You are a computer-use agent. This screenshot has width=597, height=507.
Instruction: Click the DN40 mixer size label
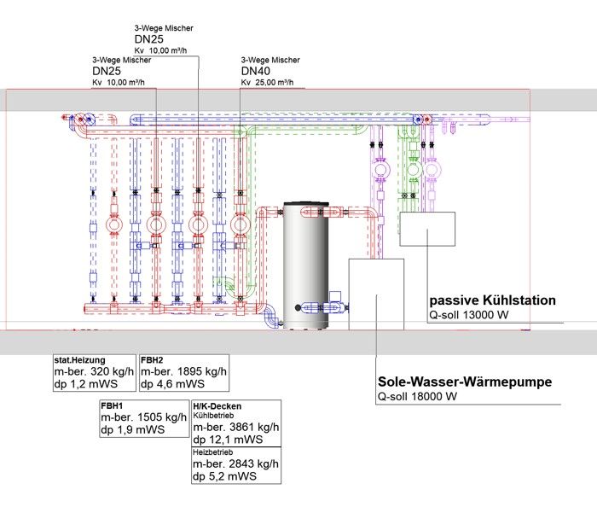point(256,71)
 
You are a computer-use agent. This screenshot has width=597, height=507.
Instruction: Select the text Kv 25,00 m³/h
point(267,82)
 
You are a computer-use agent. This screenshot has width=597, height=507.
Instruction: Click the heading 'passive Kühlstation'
point(492,300)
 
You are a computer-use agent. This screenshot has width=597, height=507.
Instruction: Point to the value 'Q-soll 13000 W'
point(469,315)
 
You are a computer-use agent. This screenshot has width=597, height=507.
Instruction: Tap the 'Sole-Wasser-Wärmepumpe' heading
point(465,382)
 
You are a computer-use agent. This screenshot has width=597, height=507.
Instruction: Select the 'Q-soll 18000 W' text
point(417,397)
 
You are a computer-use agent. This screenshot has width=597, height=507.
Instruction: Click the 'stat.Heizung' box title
point(79,360)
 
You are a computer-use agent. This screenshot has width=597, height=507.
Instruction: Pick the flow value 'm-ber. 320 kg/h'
point(94,371)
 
